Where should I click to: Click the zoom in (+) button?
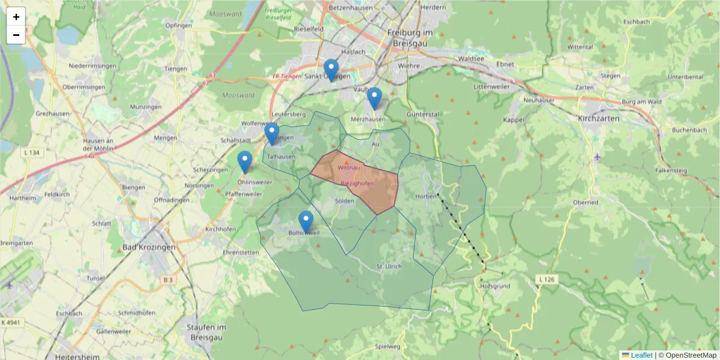(16, 17)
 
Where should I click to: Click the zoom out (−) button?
(16, 35)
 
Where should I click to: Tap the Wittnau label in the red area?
(348, 167)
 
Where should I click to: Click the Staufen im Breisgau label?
(206, 331)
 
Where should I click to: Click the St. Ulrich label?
(388, 266)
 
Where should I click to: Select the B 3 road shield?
(167, 279)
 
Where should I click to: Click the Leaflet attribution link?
(641, 355)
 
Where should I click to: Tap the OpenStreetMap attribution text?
(688, 355)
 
